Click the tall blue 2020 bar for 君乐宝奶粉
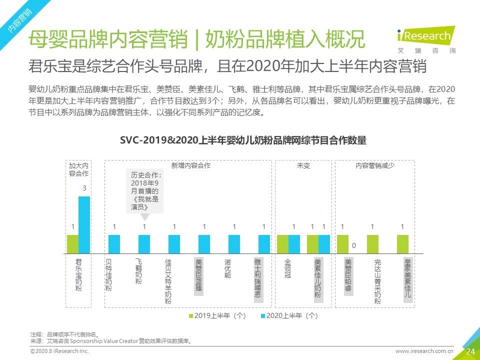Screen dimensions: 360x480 coord(84,224)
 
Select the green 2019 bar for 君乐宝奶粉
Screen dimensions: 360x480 coord(73,244)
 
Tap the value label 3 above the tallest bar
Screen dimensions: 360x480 coord(84,188)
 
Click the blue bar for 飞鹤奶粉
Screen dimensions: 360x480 coord(144,244)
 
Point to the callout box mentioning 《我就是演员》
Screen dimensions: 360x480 coord(144,191)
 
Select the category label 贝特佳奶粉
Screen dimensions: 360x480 coord(108,275)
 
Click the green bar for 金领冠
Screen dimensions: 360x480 coord(283,244)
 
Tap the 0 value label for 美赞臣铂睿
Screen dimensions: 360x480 coord(354,246)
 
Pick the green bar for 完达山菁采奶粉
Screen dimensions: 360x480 coord(372,244)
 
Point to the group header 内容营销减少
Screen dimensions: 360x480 coord(375,165)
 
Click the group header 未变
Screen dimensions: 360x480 coord(303,165)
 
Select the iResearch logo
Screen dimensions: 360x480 coord(424,40)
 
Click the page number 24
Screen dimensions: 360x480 coord(470,351)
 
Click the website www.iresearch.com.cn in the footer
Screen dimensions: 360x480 coord(424,351)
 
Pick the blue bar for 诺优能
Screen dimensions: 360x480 coord(234,244)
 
